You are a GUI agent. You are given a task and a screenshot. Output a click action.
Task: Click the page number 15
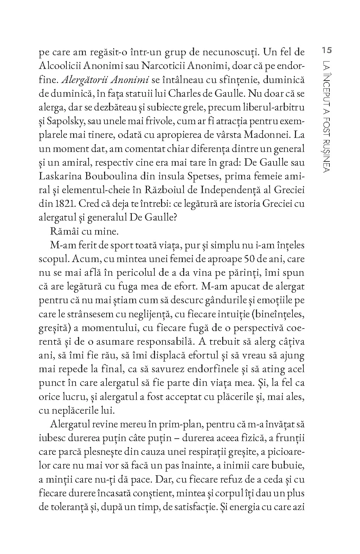pyautogui.click(x=327, y=50)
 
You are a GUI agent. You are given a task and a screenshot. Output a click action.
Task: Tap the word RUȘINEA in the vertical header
pyautogui.click(x=326, y=154)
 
